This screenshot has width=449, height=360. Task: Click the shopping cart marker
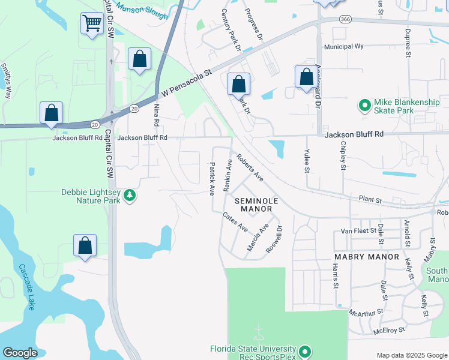click(92, 24)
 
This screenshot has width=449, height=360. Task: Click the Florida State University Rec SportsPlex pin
click(305, 351)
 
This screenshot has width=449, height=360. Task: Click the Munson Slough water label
click(142, 10)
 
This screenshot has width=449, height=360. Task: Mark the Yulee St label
click(306, 161)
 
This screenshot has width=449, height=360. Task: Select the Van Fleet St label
click(358, 230)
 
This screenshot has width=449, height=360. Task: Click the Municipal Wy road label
click(344, 46)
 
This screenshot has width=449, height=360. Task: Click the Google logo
click(20, 353)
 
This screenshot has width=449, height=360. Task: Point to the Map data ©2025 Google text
click(412, 355)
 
